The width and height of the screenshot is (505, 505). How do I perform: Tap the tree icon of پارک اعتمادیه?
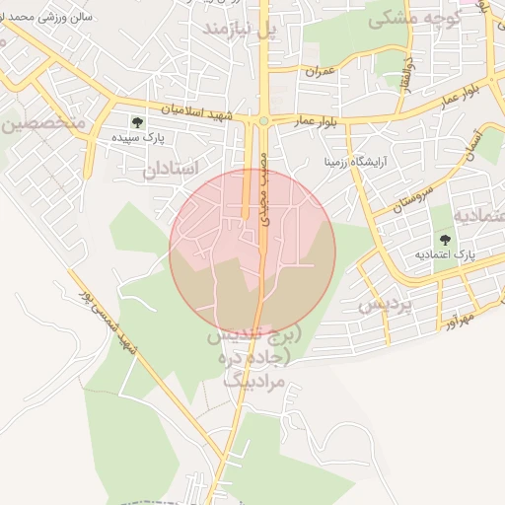tap(444, 239)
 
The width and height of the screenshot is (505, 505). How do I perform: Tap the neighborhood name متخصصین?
tap(43, 124)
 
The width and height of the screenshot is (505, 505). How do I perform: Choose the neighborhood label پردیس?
tap(384, 305)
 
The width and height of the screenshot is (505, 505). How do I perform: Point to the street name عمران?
tap(321, 72)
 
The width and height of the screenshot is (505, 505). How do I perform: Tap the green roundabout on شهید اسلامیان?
tap(263, 121)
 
